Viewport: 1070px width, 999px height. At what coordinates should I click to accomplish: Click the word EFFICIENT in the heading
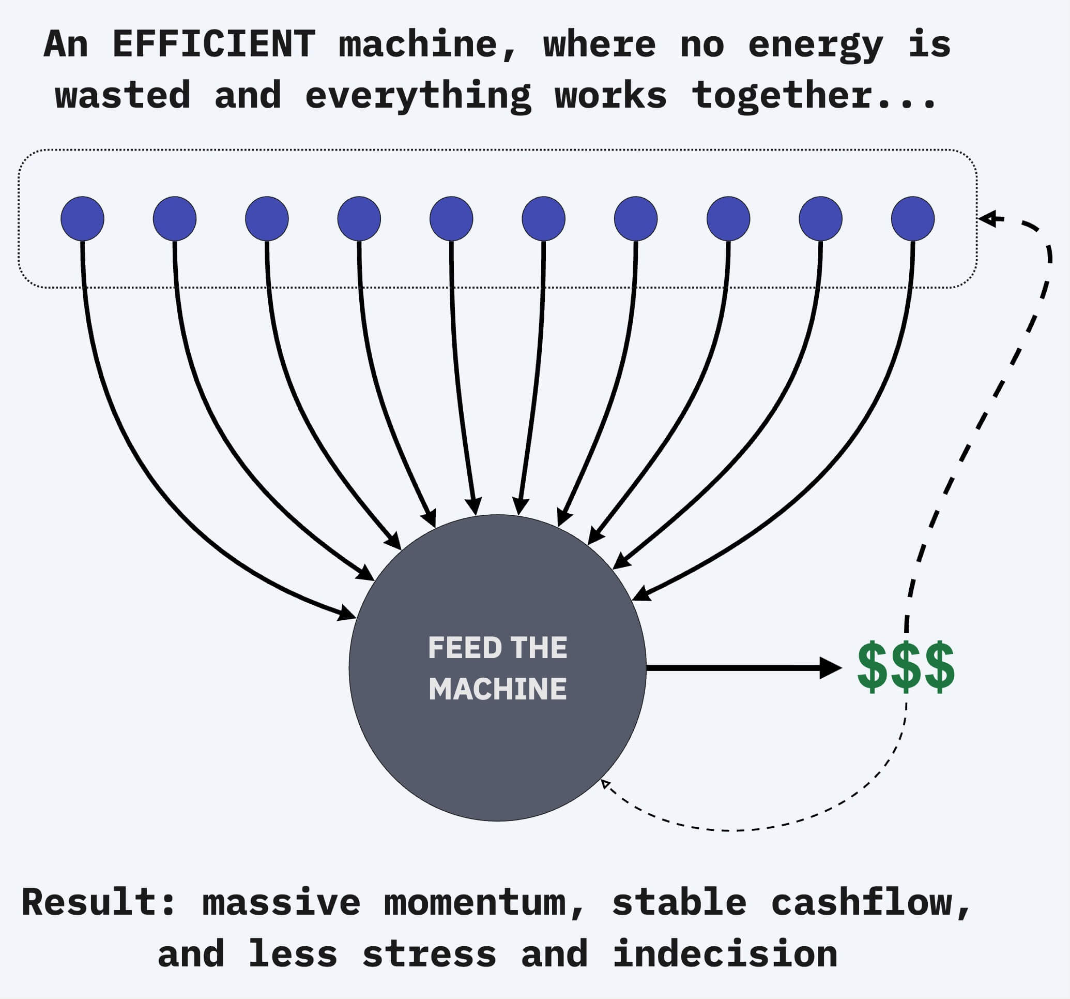point(213,44)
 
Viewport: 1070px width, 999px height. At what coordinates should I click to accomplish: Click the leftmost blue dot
point(82,219)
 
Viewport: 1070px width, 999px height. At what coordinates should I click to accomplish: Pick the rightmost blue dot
point(912,219)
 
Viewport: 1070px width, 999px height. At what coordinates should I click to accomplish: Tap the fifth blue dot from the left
point(451,219)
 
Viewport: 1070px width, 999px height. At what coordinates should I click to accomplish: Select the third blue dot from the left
point(267,219)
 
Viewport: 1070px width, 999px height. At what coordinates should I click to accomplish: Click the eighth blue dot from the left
point(728,219)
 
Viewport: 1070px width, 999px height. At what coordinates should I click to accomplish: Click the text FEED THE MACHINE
point(497,668)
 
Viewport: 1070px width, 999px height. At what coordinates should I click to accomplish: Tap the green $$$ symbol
point(906,667)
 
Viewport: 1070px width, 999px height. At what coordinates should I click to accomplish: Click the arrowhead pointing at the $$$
point(831,668)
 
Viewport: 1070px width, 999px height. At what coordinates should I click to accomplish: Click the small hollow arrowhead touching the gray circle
point(605,784)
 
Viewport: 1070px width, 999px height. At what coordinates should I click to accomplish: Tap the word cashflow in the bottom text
point(861,903)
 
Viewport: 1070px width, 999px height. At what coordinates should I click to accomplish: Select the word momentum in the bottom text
point(475,903)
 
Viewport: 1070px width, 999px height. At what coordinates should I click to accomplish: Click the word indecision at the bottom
point(725,954)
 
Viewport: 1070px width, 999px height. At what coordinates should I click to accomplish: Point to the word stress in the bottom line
point(429,954)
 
